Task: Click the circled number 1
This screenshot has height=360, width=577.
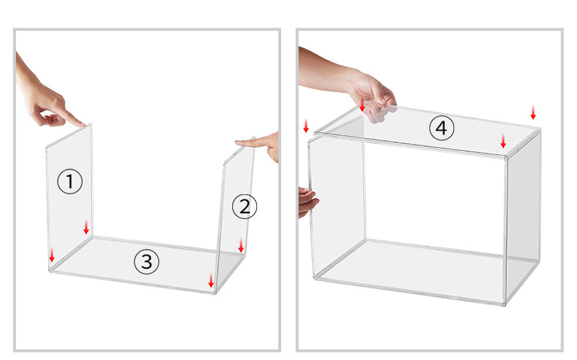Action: [70, 181]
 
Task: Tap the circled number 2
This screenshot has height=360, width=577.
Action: [245, 207]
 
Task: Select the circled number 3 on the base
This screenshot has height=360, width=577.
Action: [147, 262]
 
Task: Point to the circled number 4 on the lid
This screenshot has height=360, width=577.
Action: [442, 128]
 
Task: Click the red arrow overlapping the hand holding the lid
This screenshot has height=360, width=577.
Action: [362, 104]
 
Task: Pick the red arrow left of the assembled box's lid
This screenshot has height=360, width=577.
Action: [306, 126]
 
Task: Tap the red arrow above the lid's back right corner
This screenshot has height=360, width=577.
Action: [533, 112]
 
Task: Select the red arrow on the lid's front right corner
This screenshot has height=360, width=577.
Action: [503, 141]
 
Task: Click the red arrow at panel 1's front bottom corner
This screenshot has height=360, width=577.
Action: [52, 255]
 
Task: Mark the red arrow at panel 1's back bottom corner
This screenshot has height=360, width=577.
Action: [86, 227]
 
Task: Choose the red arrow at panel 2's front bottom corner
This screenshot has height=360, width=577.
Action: [211, 280]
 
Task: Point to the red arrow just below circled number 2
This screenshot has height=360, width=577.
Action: [241, 245]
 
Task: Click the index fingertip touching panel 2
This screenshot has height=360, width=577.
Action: [237, 142]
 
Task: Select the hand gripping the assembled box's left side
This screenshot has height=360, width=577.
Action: [307, 202]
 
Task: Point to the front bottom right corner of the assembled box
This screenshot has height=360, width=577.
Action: [504, 304]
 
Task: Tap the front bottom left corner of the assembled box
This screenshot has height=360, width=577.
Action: [316, 278]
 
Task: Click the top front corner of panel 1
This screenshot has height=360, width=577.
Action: [47, 148]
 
